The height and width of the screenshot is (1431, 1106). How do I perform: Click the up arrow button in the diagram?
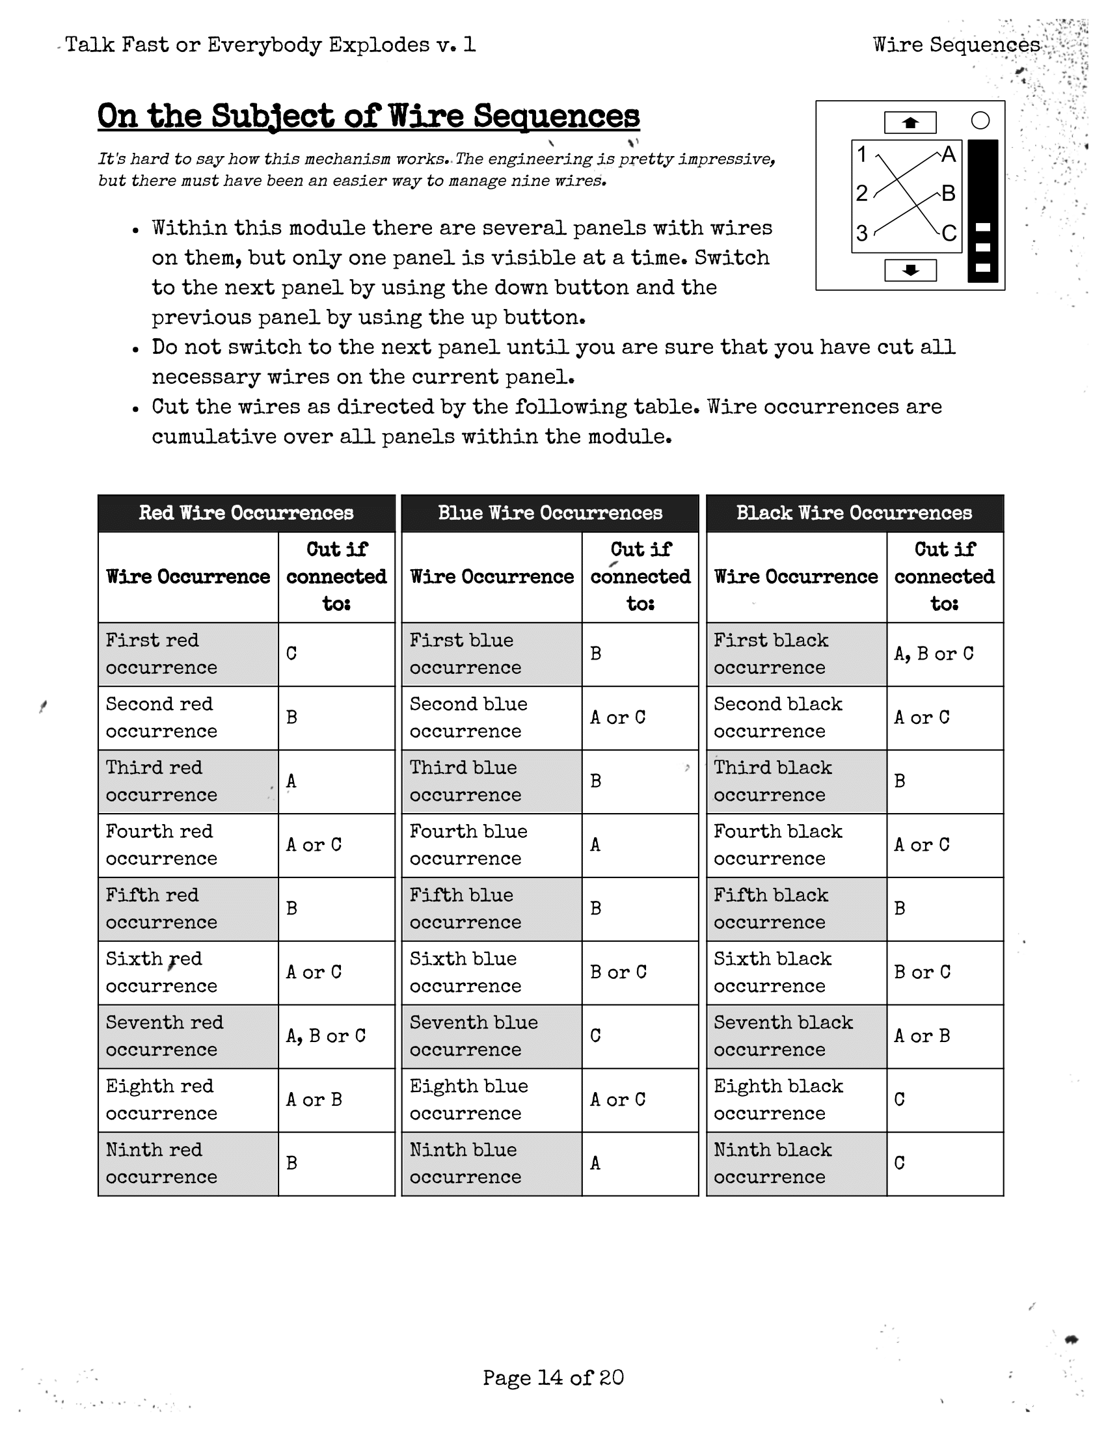point(910,122)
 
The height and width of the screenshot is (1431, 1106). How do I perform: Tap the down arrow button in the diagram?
point(910,270)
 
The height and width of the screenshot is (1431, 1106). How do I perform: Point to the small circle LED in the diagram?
point(980,120)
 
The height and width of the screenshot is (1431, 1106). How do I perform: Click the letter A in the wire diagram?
point(948,155)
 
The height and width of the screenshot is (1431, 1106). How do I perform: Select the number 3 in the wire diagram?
point(862,233)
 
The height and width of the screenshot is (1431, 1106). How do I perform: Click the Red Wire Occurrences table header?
point(247,513)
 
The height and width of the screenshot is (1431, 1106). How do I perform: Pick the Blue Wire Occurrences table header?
point(550,513)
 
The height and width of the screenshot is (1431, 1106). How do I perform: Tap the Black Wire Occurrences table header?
point(854,513)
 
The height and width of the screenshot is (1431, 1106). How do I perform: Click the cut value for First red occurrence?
point(291,654)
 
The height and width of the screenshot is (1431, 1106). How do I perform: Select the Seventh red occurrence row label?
point(165,1036)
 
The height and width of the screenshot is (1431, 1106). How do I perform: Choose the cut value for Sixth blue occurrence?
point(618,972)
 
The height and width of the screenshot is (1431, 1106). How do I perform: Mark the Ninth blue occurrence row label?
point(465,1163)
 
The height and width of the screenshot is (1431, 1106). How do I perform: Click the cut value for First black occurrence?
point(934,654)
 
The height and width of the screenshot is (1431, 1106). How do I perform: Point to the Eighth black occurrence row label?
point(777,1099)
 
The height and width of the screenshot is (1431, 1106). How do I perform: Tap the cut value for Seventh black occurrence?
point(922,1036)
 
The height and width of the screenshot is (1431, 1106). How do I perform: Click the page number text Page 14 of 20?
point(553,1377)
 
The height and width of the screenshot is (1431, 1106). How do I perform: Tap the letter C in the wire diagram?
point(949,234)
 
